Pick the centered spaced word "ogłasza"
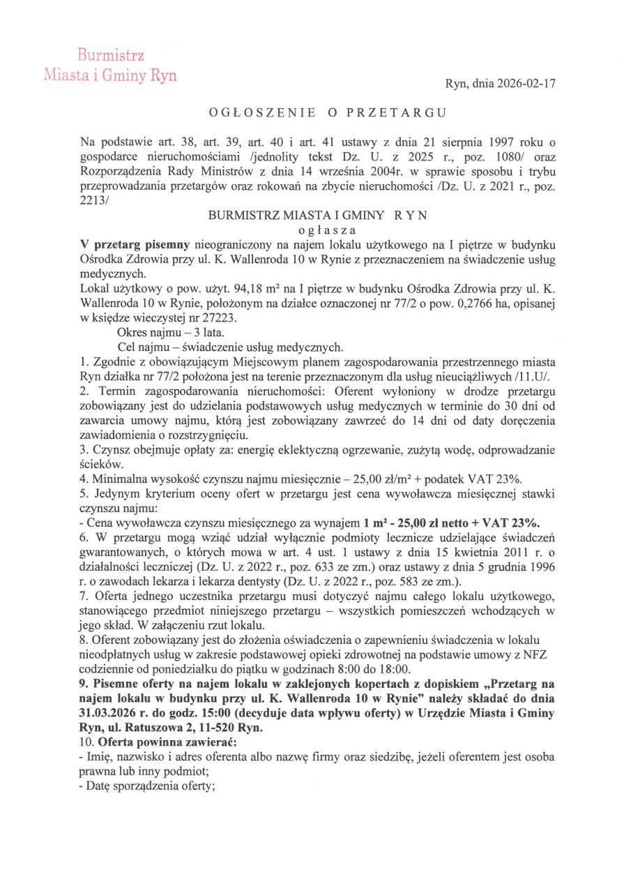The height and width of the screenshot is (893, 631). tap(317, 230)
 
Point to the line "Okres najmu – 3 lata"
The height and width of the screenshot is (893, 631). tap(166, 333)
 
